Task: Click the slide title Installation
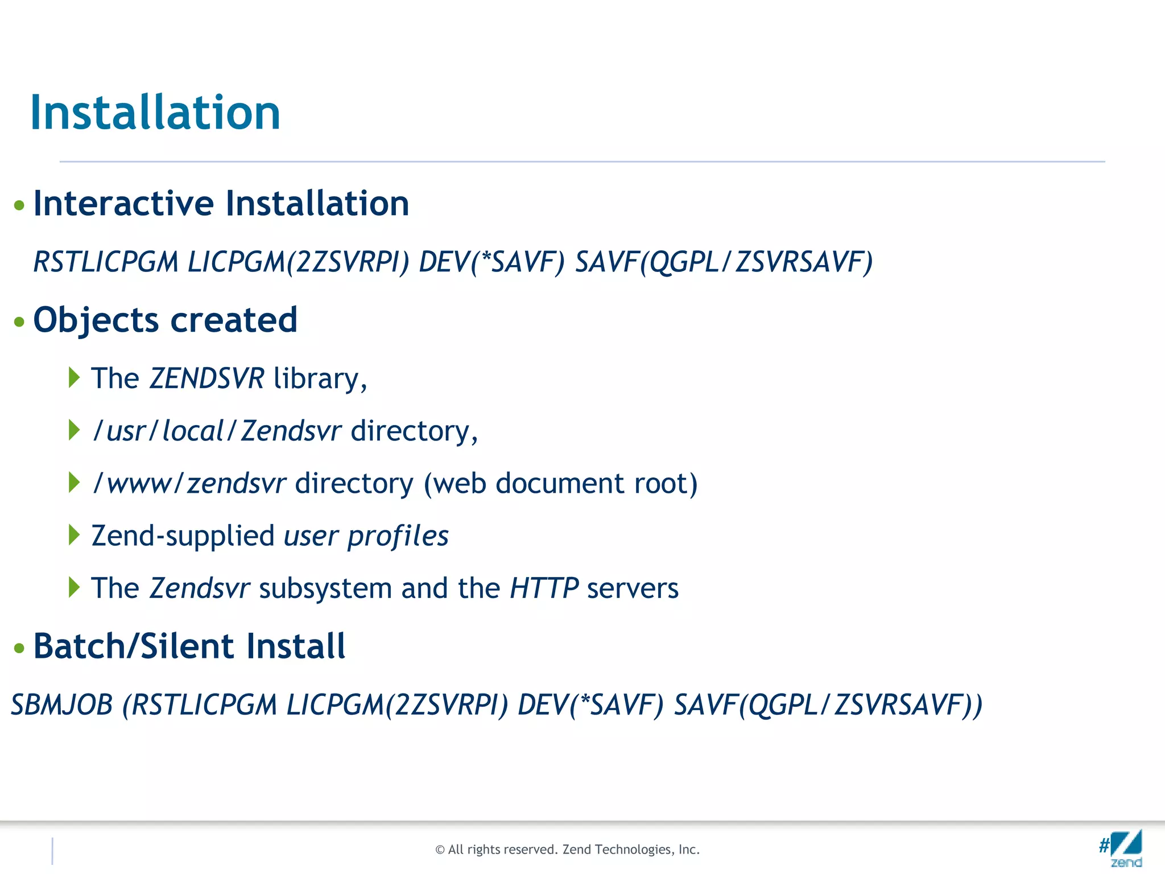click(155, 112)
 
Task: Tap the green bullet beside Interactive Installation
click(19, 205)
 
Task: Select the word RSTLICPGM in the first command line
click(106, 262)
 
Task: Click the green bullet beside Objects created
click(19, 322)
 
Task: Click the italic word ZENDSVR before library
click(206, 378)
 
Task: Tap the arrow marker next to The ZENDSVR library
click(73, 377)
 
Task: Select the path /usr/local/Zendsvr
click(217, 431)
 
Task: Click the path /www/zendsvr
click(189, 484)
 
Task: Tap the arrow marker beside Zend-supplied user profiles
click(73, 535)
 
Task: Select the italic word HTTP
click(544, 588)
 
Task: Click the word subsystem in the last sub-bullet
click(325, 588)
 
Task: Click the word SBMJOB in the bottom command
click(62, 705)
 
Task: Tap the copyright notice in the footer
click(567, 850)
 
